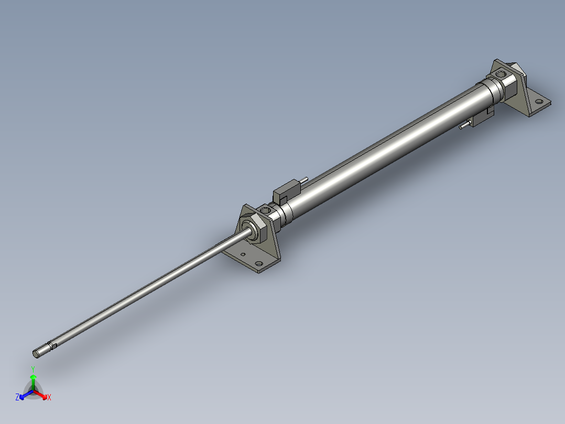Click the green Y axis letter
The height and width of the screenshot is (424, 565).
click(33, 369)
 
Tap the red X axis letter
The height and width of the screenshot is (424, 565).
click(49, 398)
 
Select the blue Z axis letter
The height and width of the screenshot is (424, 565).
click(17, 398)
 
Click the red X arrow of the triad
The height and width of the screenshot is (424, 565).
click(42, 394)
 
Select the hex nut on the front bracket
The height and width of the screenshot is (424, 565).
click(257, 231)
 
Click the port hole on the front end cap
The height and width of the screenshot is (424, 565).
click(266, 210)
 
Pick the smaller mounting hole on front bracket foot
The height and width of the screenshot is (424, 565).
click(243, 256)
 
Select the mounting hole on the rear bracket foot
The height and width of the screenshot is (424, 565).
click(538, 100)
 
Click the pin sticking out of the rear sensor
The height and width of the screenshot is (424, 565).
click(463, 126)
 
